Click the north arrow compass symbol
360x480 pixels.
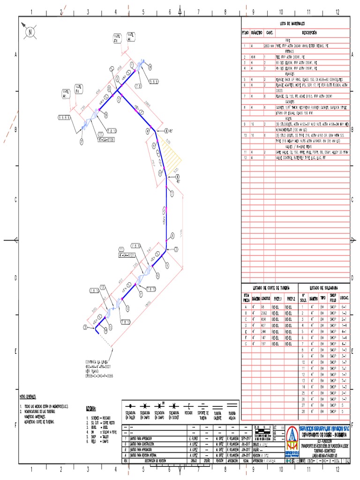30,32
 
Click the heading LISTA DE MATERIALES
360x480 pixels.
292,22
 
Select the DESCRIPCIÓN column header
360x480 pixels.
309,33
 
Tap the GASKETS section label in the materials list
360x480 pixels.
296,101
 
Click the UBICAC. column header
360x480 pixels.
344,298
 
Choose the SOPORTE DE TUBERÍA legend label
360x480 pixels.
203,415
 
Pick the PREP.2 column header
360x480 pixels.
293,298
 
